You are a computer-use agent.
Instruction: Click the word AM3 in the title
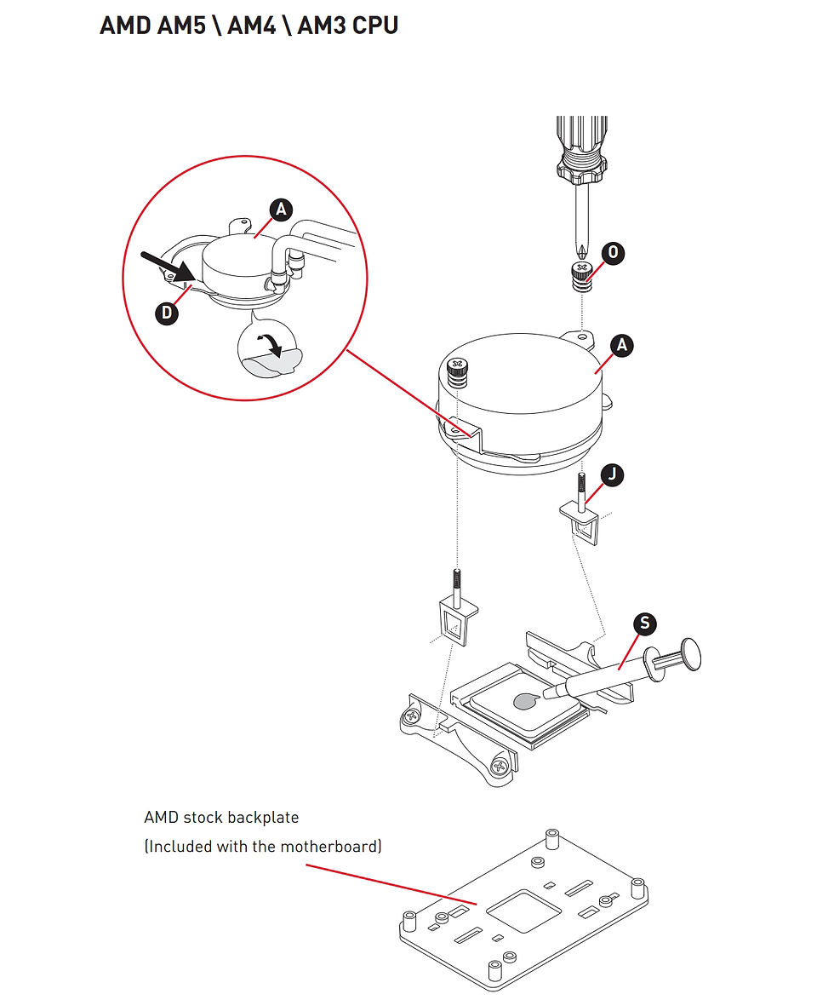[x=322, y=26]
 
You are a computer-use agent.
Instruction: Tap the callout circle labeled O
[x=613, y=252]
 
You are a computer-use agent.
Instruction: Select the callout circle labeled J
[x=612, y=474]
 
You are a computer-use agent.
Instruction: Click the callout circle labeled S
[x=645, y=624]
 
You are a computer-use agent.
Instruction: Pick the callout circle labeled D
[x=167, y=313]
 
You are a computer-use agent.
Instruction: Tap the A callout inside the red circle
[x=281, y=210]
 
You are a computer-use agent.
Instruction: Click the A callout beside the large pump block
[x=622, y=345]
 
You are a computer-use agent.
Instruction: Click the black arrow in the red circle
[x=169, y=265]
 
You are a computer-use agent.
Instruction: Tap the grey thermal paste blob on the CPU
[x=527, y=701]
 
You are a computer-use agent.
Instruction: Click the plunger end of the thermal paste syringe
[x=691, y=654]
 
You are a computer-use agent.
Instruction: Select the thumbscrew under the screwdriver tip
[x=581, y=276]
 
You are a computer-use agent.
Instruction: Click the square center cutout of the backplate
[x=523, y=915]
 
